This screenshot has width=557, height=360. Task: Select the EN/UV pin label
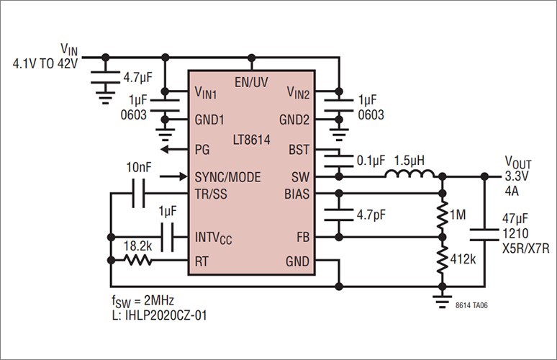[x=251, y=82]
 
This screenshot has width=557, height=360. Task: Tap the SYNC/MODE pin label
[x=227, y=176]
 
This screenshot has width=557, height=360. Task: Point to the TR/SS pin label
[x=212, y=194]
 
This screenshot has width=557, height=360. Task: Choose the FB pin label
[x=303, y=237]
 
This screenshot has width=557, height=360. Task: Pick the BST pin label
[x=300, y=150]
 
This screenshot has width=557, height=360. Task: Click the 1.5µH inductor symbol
[x=410, y=174]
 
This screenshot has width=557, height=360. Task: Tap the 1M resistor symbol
[x=441, y=215]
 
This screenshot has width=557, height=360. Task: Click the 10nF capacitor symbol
[x=139, y=194]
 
